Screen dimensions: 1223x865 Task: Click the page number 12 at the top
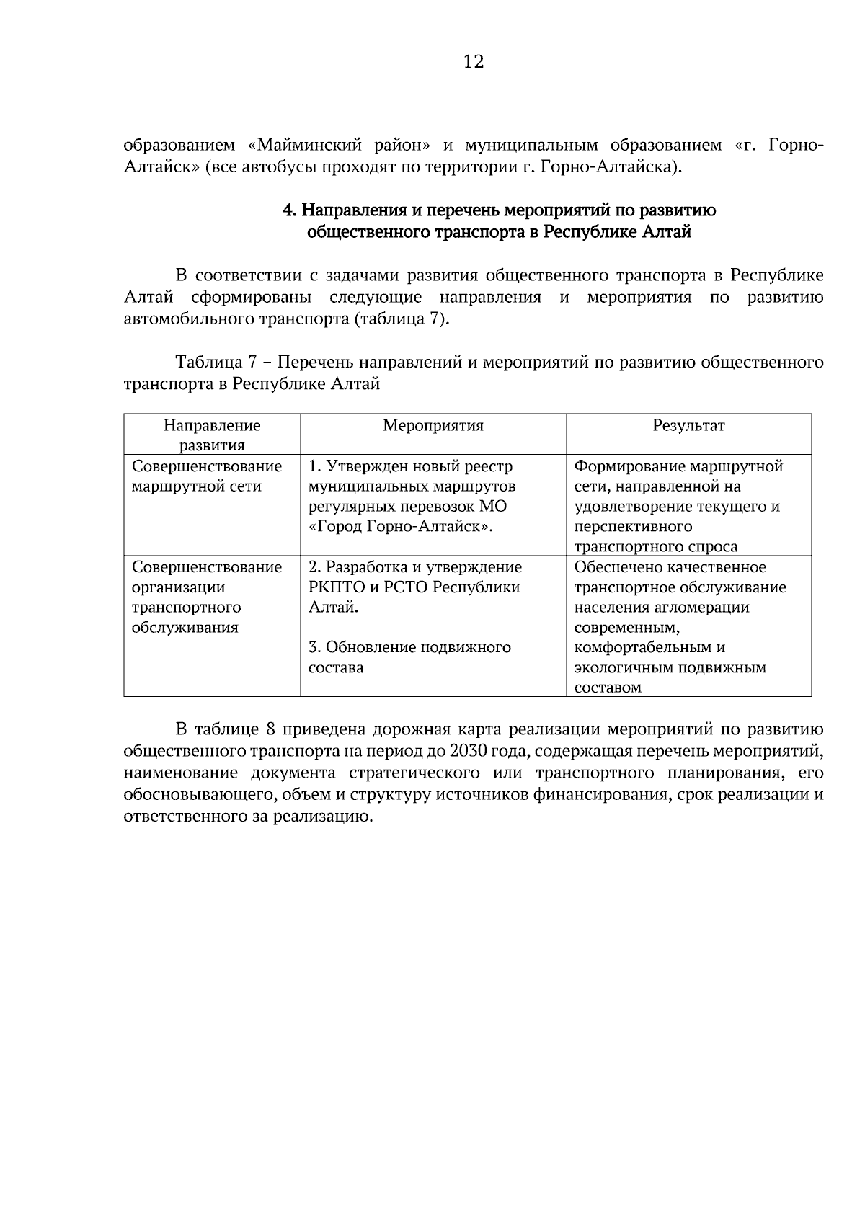click(474, 62)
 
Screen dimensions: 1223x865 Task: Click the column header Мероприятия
click(432, 425)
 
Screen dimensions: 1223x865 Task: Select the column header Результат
click(688, 425)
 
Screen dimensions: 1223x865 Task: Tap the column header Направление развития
click(212, 435)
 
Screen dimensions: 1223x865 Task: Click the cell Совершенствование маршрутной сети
click(206, 476)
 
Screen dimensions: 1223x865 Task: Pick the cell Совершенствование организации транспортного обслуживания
click(206, 597)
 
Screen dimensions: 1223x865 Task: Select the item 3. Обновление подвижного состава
click(409, 657)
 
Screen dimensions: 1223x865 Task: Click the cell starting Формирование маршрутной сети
click(678, 506)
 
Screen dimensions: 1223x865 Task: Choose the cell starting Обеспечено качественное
click(680, 626)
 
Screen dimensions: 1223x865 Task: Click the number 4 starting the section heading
click(287, 211)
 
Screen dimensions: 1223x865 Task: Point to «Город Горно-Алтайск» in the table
click(400, 527)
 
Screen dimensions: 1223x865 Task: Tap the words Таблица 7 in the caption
click(214, 362)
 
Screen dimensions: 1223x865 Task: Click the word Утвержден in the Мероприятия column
click(364, 466)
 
